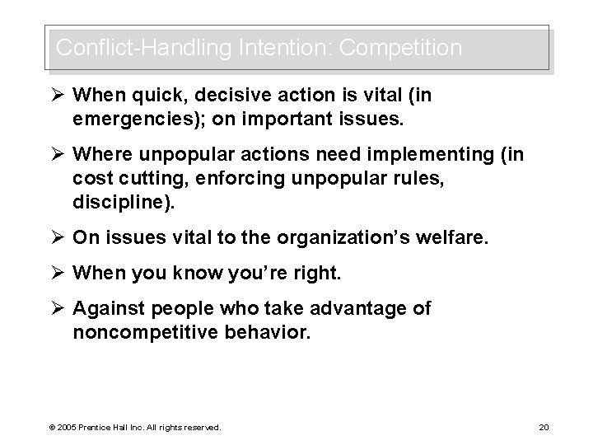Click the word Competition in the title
400,49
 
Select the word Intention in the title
273,49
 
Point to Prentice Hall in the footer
101,427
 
